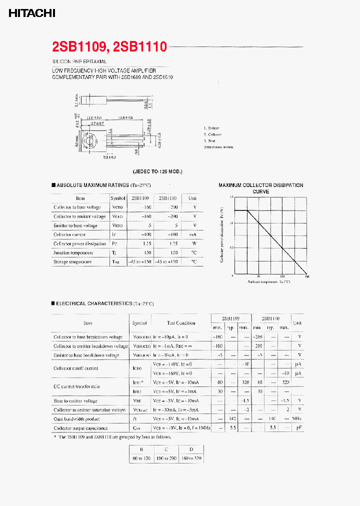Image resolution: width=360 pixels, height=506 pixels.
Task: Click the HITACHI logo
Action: tap(31, 13)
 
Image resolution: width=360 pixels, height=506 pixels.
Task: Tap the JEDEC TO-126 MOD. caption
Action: tap(157, 171)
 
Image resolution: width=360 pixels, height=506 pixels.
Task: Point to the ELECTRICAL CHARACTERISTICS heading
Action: tap(97, 303)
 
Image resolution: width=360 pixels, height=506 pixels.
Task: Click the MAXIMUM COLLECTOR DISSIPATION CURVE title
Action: tap(260, 188)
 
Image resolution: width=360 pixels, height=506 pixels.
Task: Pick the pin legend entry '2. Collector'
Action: tap(212, 134)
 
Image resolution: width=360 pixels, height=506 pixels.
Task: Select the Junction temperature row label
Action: tap(73, 253)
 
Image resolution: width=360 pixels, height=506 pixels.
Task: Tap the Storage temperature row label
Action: tap(72, 262)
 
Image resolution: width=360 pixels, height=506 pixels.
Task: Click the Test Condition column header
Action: tap(180, 323)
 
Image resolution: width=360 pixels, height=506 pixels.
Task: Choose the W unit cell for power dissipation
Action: tap(194, 243)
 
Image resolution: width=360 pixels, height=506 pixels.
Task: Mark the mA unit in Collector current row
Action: tap(194, 234)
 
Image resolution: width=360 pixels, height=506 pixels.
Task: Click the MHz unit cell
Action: tap(297, 419)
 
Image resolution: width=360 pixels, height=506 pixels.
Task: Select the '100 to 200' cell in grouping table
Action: tap(166, 458)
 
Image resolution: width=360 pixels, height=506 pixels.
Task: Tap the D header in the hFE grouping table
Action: tap(191, 449)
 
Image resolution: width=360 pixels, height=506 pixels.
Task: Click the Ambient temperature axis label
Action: tap(268, 282)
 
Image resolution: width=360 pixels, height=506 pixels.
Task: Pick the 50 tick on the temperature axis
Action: tap(258, 276)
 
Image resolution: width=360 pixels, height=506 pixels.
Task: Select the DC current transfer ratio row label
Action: tap(76, 386)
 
